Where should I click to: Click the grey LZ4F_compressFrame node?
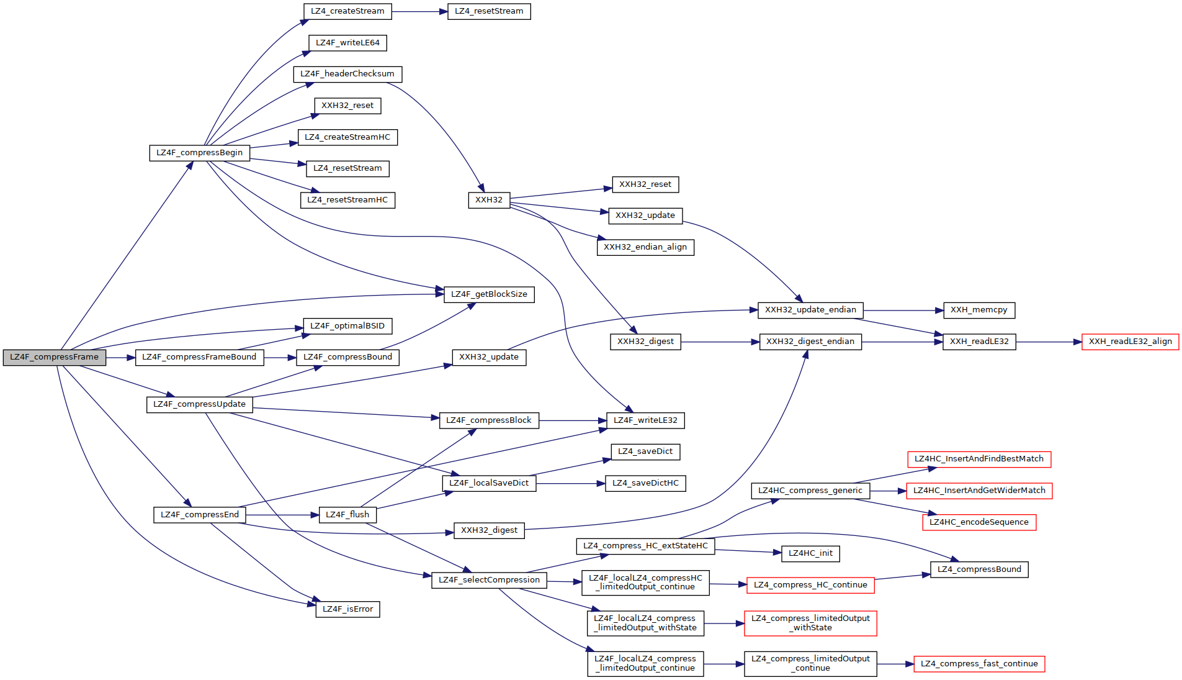coord(55,357)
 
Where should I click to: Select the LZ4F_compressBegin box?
coord(199,153)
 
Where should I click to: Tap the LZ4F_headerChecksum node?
coord(347,74)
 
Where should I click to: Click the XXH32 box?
coord(489,200)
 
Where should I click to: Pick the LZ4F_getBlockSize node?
coord(489,294)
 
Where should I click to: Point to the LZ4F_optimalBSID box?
coord(347,326)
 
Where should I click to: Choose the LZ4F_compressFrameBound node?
coord(199,357)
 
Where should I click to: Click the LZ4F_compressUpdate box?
coord(199,404)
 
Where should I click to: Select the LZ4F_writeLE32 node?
coord(645,420)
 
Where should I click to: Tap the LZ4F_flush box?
coord(347,515)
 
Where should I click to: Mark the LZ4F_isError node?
coord(347,609)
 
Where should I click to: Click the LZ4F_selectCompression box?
coord(489,580)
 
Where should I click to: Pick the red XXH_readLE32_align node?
coord(1130,342)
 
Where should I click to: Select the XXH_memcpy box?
coord(978,310)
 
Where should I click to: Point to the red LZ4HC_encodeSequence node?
coord(978,522)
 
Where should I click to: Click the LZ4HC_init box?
coord(810,553)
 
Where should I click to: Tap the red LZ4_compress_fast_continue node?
coord(979,664)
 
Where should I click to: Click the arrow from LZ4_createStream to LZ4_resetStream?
coord(419,12)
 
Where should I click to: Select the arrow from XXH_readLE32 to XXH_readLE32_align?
coord(1049,342)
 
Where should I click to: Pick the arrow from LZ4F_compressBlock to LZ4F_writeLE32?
coord(573,421)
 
